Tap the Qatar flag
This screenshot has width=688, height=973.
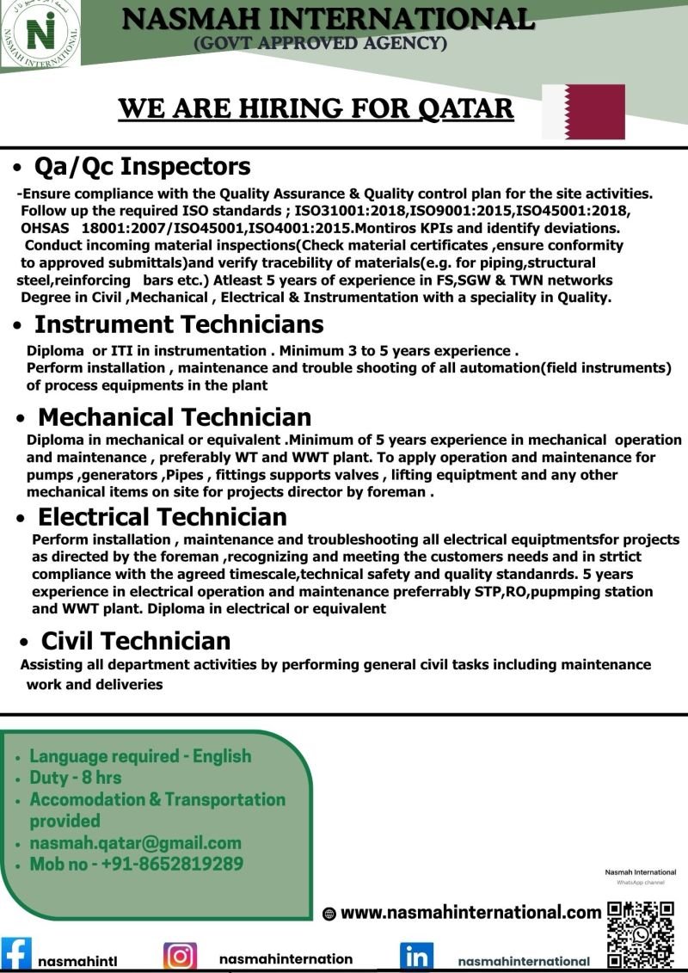pyautogui.click(x=583, y=112)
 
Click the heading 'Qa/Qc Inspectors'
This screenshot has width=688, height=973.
pyautogui.click(x=142, y=165)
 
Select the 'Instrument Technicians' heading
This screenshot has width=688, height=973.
pyautogui.click(x=179, y=324)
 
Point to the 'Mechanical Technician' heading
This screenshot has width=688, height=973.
pyautogui.click(x=175, y=417)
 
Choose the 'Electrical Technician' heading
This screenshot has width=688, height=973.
pyautogui.click(x=163, y=517)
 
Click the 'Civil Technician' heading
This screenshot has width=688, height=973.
pyautogui.click(x=136, y=641)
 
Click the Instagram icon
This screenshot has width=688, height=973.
pyautogui.click(x=180, y=957)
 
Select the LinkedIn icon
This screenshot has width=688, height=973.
pyautogui.click(x=416, y=958)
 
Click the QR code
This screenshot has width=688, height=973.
pyautogui.click(x=640, y=934)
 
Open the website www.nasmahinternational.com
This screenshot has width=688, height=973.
pyautogui.click(x=470, y=913)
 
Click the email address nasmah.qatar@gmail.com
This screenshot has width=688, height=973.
pyautogui.click(x=135, y=843)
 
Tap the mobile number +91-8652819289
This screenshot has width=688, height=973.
pyautogui.click(x=137, y=865)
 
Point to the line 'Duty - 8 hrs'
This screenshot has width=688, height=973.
pyautogui.click(x=76, y=778)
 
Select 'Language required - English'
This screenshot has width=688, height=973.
pyautogui.click(x=140, y=756)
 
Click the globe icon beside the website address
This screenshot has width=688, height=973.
pyautogui.click(x=329, y=914)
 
